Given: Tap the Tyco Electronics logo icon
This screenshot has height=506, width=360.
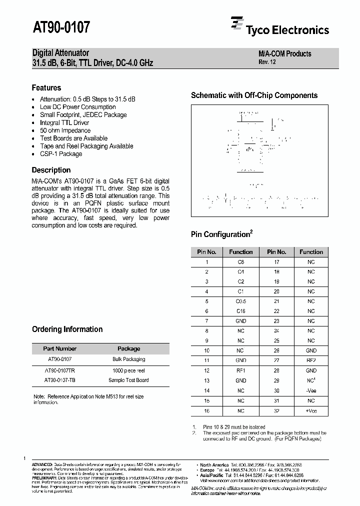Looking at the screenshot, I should (236, 24).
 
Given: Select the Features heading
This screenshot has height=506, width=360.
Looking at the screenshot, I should (46, 87).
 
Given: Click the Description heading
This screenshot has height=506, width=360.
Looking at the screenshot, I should (51, 170).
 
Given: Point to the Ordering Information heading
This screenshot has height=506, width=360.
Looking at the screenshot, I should (67, 329).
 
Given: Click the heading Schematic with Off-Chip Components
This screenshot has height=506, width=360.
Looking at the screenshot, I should (254, 95).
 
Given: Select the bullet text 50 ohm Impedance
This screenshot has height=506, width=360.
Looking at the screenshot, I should (65, 130).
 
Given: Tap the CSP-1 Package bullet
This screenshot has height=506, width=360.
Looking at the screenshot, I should (61, 154).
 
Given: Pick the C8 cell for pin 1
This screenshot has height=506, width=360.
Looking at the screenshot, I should (240, 262).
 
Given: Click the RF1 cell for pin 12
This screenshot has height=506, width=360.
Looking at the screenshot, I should (240, 370).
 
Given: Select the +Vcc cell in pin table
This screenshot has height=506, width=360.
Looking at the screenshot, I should (311, 410).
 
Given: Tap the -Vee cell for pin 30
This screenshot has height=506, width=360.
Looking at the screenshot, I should (311, 390).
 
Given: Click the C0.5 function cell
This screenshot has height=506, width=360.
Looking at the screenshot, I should (240, 301).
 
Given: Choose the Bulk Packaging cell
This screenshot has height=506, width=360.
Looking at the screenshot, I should (128, 359).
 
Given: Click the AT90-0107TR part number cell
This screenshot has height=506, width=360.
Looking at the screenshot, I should (59, 370).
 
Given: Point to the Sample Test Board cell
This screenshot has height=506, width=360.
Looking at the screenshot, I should (128, 380).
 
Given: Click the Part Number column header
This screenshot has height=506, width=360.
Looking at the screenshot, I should (59, 348).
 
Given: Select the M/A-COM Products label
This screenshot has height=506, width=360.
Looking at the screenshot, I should (284, 53).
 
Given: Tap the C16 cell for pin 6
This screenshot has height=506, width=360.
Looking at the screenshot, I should (240, 311).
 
